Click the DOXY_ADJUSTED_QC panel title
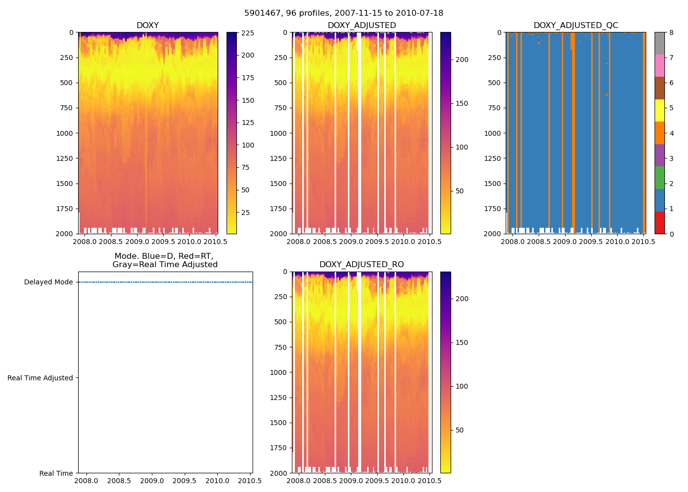click(575, 26)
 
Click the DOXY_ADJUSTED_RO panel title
click(361, 265)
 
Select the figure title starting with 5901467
click(344, 13)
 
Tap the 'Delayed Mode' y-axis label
click(48, 282)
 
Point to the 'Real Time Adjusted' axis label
click(40, 378)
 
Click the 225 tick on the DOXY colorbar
click(248, 33)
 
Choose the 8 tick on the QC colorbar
click(671, 33)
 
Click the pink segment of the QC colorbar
click(659, 65)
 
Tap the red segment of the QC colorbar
click(659, 222)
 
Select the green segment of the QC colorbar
click(659, 178)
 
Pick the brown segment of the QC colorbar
click(659, 88)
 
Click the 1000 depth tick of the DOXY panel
click(64, 133)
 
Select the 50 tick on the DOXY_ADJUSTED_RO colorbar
click(459, 430)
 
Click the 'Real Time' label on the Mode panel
click(56, 473)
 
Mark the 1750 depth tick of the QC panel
click(492, 209)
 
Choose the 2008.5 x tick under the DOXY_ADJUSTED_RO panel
click(324, 481)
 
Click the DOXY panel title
click(147, 26)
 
